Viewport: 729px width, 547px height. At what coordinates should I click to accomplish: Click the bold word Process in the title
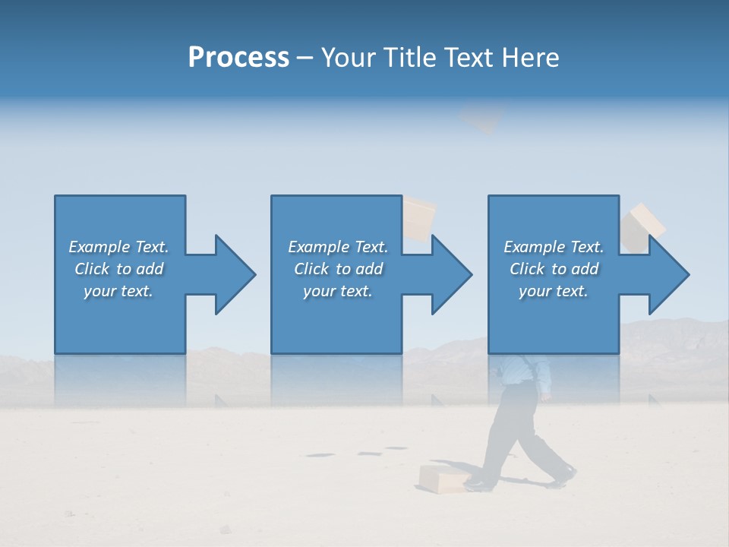pos(238,58)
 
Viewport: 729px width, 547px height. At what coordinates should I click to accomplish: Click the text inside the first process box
pos(118,269)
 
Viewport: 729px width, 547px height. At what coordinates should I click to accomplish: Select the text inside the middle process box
pos(337,269)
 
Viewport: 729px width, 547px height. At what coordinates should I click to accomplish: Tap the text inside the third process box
pos(554,269)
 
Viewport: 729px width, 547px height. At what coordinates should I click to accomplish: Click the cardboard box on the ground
pos(443,479)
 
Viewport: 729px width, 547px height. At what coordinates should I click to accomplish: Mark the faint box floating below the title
pos(481,119)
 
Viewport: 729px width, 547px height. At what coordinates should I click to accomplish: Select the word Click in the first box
pos(92,269)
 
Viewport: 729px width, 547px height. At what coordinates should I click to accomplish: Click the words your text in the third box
pos(554,291)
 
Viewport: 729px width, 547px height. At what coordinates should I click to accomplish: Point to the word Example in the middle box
pos(318,247)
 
